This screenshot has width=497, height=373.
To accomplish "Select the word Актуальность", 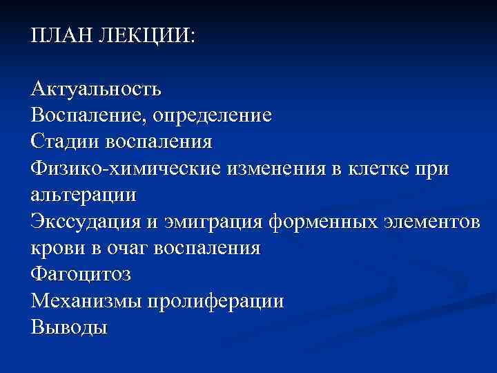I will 96,88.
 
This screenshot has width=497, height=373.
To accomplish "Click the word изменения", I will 276,167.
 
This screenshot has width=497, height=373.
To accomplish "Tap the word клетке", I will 382,167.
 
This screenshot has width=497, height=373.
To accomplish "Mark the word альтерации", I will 84,194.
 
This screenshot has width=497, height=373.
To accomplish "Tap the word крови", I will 55,247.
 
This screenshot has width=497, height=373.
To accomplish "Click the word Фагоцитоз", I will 81,274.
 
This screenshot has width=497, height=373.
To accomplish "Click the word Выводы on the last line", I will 69,327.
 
